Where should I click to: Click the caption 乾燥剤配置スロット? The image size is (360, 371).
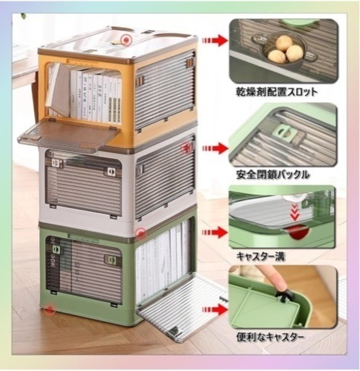click(x=276, y=92)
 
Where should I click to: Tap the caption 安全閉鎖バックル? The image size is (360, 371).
click(x=272, y=175)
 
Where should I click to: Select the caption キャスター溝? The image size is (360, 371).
click(x=261, y=257)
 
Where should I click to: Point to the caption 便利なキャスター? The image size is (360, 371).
click(x=269, y=337)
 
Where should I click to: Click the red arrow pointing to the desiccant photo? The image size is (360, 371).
click(x=215, y=41)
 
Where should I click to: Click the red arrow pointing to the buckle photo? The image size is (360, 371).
click(x=215, y=149)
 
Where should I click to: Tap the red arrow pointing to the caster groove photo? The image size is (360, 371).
click(x=215, y=233)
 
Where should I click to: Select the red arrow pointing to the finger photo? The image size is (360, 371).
click(x=215, y=309)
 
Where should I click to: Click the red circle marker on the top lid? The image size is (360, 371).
click(x=126, y=40)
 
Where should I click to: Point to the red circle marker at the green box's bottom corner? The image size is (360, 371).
click(x=50, y=309)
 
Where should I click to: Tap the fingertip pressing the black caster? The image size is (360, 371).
click(x=278, y=283)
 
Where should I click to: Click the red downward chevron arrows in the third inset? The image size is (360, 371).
click(x=294, y=212)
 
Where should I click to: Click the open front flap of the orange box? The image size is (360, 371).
click(x=68, y=134)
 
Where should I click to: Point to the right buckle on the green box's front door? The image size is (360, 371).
click(x=110, y=260)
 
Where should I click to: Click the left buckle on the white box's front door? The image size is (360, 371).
click(x=56, y=162)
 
